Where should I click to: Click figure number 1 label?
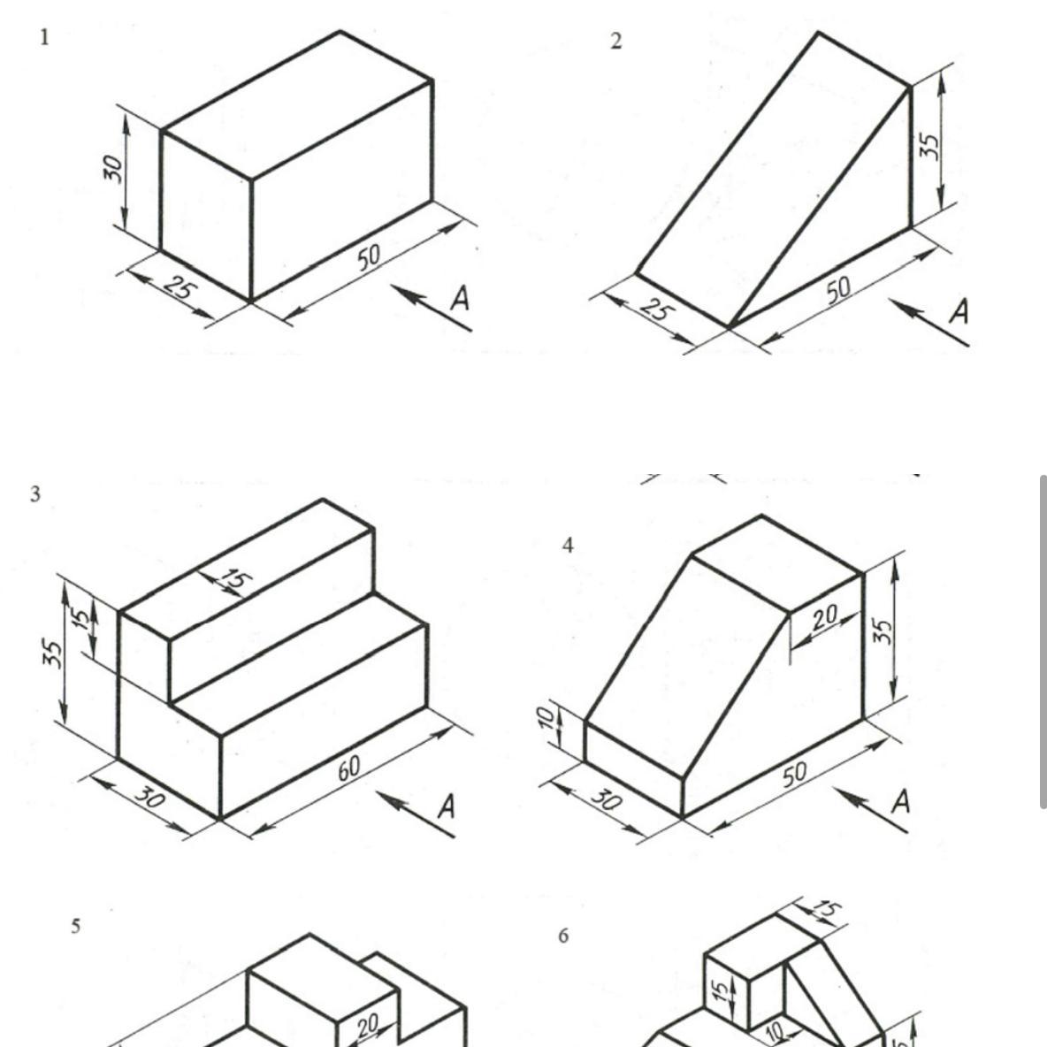[44, 37]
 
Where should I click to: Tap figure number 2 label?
[615, 41]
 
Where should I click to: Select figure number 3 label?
[34, 494]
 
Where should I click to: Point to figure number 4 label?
[568, 546]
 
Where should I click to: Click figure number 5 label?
[75, 926]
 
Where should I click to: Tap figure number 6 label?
[563, 936]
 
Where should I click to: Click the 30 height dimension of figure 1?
[113, 168]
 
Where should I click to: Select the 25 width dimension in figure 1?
[180, 288]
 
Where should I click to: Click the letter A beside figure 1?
[460, 298]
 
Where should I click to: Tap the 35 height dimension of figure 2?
[929, 146]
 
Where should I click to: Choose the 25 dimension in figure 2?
[657, 310]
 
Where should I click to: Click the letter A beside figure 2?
[959, 311]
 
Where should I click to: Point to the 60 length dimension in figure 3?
[348, 768]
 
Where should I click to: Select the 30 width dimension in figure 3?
[149, 797]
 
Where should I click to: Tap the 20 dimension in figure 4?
[825, 617]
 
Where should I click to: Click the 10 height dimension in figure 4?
[546, 718]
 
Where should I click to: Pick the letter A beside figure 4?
[901, 800]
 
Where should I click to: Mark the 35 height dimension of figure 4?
[882, 631]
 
